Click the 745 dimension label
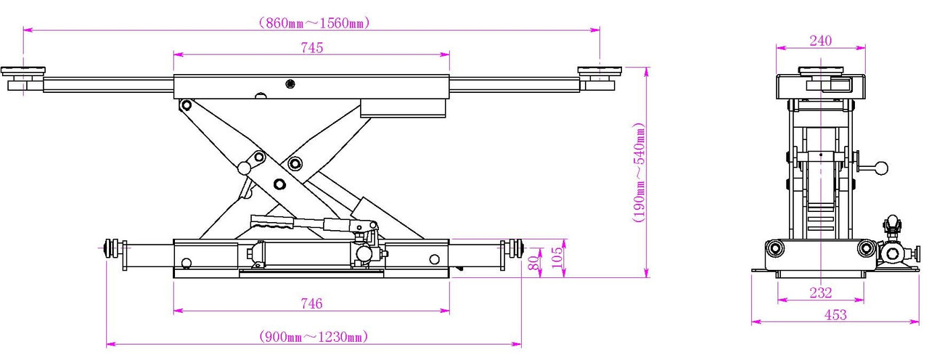tap(312, 48)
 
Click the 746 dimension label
tap(312, 303)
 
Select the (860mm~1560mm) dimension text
tap(314, 22)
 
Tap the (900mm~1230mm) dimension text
tap(314, 336)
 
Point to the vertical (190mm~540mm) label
tap(639, 172)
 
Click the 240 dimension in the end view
tap(821, 41)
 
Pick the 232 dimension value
tap(821, 292)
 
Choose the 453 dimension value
tap(835, 315)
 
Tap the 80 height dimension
tap(535, 262)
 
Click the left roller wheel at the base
tap(112, 248)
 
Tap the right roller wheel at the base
tap(517, 248)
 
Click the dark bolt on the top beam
tap(290, 84)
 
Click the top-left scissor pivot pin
tap(187, 105)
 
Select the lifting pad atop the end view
tap(821, 70)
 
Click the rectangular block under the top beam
tap(403, 108)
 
